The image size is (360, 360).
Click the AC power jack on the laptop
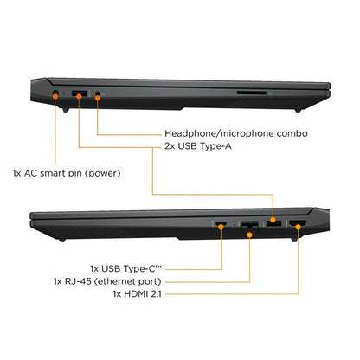click(55, 93)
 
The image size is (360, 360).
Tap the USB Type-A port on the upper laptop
click(79, 93)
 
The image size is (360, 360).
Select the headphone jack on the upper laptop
click(98, 93)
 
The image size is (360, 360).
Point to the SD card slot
click(251, 93)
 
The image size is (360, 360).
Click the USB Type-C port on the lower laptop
click(221, 223)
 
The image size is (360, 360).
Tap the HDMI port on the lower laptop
click(298, 223)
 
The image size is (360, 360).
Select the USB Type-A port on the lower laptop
click(273, 223)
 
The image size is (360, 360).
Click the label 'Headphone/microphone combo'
click(236, 133)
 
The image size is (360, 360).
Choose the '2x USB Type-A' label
click(198, 146)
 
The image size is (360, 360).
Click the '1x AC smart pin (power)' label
click(67, 173)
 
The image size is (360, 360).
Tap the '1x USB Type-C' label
click(126, 269)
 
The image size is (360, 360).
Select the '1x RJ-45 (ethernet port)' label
click(107, 281)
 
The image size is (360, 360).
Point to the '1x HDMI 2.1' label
click(137, 294)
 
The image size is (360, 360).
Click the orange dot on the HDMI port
click(298, 227)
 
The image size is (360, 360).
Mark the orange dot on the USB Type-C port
click(221, 227)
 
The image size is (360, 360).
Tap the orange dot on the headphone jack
click(98, 98)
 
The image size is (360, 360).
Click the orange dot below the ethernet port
click(249, 235)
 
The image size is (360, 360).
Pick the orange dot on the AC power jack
click(55, 96)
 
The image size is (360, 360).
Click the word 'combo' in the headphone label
click(292, 133)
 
